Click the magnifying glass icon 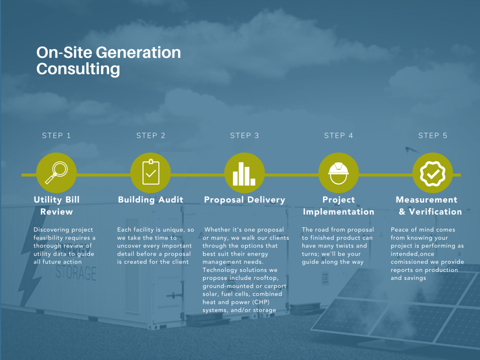[56, 172]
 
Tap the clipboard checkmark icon [150, 172]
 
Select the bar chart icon [244, 174]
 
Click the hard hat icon [338, 173]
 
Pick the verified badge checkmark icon [433, 173]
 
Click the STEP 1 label [56, 135]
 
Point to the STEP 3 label [244, 135]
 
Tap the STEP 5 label [433, 135]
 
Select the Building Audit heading [150, 200]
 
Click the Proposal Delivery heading [245, 200]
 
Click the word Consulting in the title [78, 69]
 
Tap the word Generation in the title [138, 52]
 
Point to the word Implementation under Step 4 [338, 212]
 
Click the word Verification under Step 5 [435, 211]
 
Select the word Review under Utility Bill [57, 211]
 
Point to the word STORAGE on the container [76, 273]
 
